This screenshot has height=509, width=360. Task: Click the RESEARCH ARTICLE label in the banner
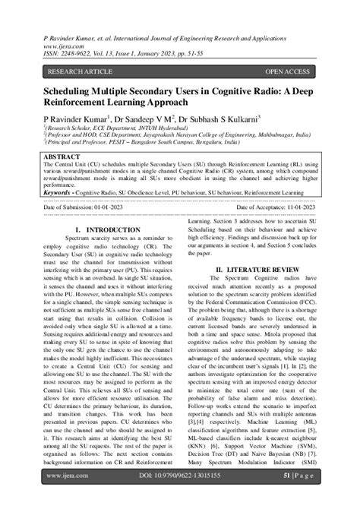pos(81,71)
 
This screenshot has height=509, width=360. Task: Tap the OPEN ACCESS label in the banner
pos(287,71)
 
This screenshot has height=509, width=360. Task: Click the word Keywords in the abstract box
pos(63,193)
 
